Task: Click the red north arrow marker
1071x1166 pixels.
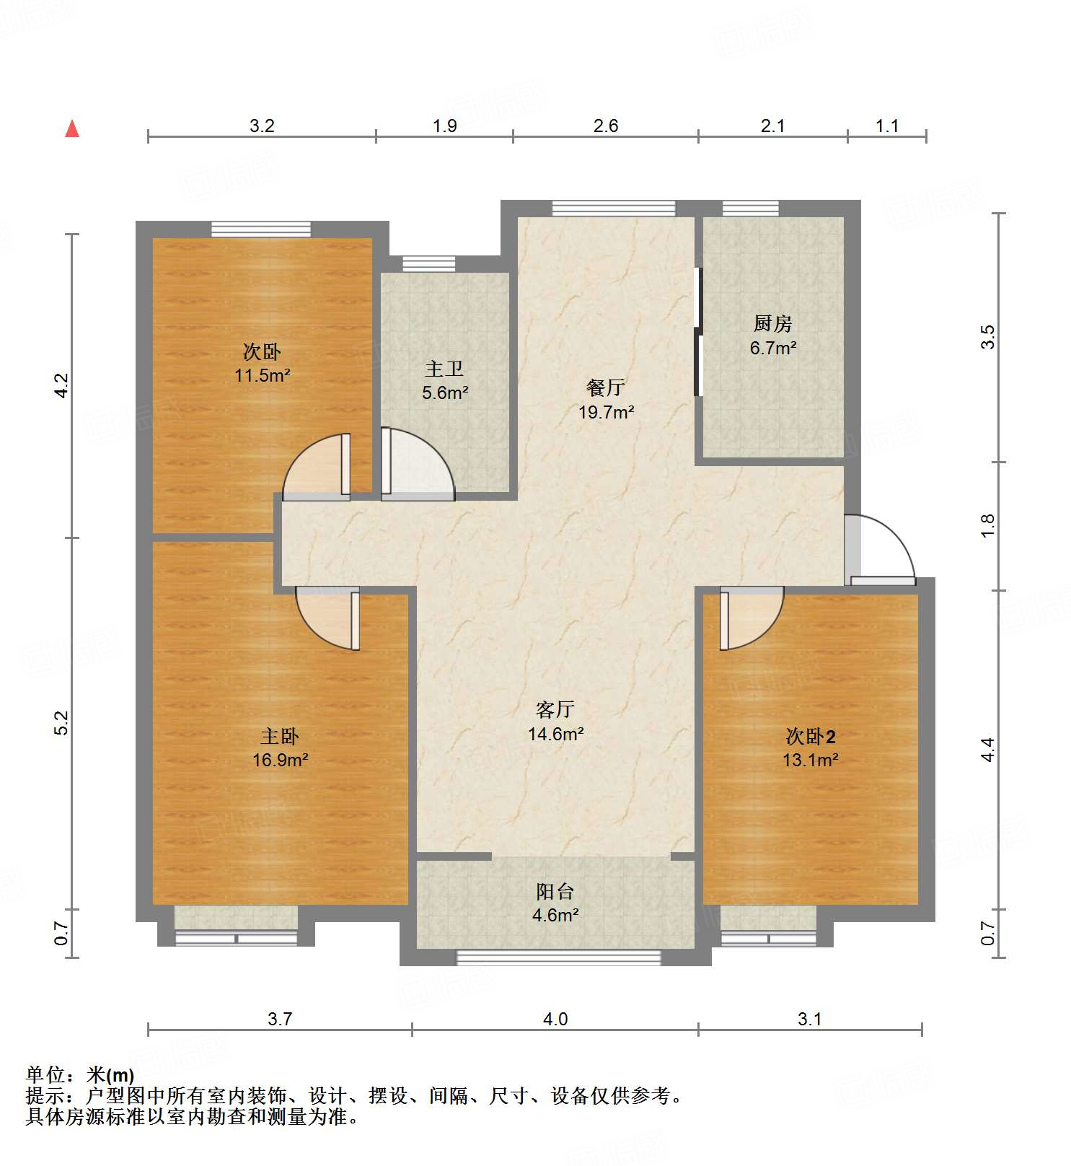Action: [72, 129]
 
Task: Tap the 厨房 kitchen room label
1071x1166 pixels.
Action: [772, 324]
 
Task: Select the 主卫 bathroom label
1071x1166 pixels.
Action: [444, 369]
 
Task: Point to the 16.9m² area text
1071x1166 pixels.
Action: [281, 760]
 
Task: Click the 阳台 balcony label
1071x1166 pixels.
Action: [555, 892]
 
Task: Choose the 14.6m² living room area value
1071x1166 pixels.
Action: [555, 735]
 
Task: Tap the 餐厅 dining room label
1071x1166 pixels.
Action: [605, 388]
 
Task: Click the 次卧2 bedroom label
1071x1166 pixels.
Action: [811, 737]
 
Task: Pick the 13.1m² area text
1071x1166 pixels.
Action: [811, 760]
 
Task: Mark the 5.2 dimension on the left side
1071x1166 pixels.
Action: [62, 723]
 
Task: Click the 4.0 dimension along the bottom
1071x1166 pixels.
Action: [555, 1019]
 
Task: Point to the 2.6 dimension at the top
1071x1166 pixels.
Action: [605, 126]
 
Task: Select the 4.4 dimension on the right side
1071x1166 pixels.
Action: [987, 749]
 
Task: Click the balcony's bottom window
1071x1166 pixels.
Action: [558, 958]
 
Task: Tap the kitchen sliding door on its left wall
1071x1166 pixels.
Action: [698, 332]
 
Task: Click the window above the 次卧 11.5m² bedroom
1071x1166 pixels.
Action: [261, 229]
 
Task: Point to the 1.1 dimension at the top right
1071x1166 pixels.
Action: [886, 126]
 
